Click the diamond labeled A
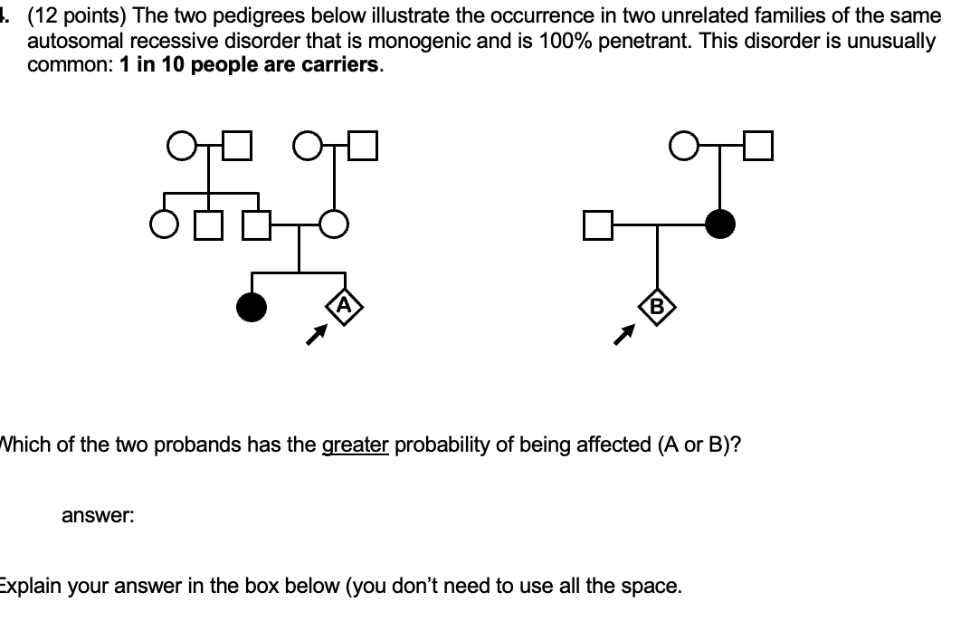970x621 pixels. coord(344,306)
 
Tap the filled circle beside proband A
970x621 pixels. coord(252,308)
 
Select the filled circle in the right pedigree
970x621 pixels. coord(720,223)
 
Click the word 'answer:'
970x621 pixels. coord(98,516)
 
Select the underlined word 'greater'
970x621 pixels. coord(356,444)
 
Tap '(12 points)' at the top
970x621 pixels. coord(70,16)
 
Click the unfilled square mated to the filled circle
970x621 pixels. coord(598,224)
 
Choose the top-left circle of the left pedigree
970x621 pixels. coord(180,145)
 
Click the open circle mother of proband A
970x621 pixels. coord(336,224)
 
